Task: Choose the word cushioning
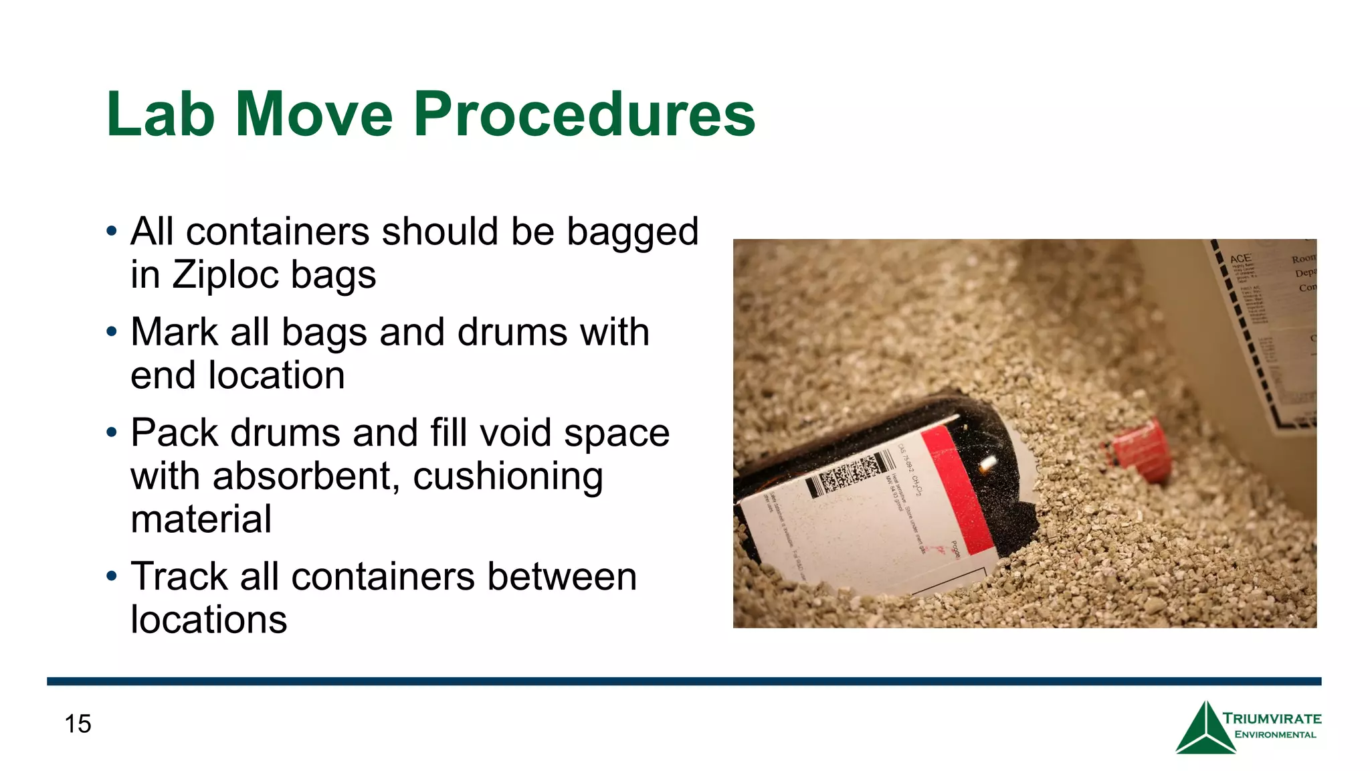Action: tap(508, 477)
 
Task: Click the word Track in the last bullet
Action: tap(179, 576)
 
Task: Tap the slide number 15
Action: tap(78, 723)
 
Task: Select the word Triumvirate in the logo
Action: tap(1272, 719)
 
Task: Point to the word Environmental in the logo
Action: tap(1275, 735)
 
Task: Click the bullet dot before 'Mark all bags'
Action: tap(112, 331)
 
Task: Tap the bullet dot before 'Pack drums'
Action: tap(112, 432)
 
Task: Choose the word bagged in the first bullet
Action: tap(632, 233)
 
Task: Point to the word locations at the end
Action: tap(209, 619)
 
